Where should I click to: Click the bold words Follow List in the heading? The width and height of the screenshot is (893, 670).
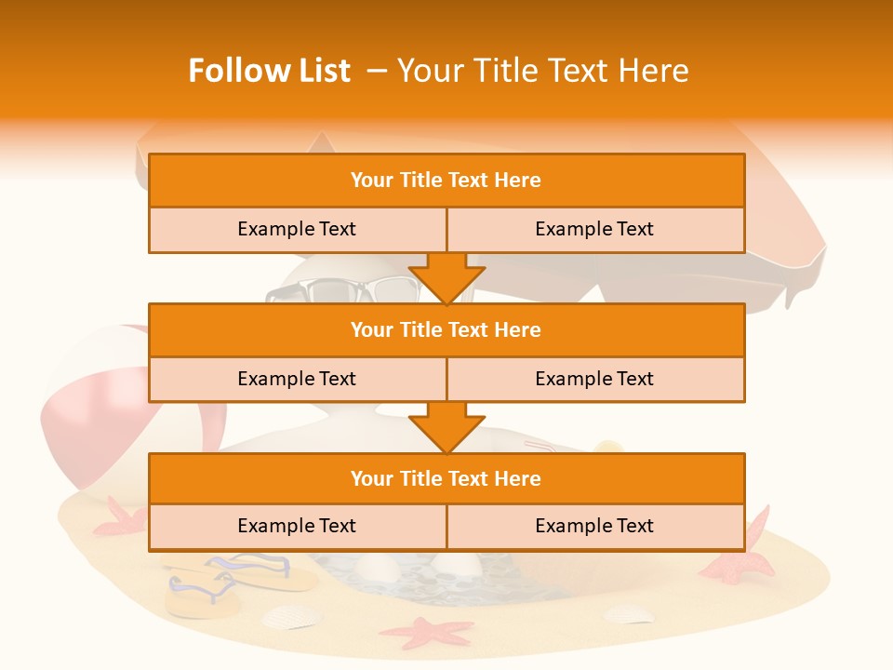pyautogui.click(x=269, y=71)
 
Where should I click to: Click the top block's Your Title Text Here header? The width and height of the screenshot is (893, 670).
pyautogui.click(x=446, y=181)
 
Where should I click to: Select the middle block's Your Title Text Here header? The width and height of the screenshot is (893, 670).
pyautogui.click(x=446, y=329)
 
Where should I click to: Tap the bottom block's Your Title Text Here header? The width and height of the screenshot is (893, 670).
pyautogui.click(x=446, y=478)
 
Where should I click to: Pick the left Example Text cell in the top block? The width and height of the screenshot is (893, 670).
pyautogui.click(x=297, y=229)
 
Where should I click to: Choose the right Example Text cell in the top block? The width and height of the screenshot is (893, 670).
pyautogui.click(x=594, y=229)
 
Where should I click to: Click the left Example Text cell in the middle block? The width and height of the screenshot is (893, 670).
pyautogui.click(x=297, y=379)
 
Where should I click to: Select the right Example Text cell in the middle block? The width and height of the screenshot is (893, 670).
pyautogui.click(x=594, y=379)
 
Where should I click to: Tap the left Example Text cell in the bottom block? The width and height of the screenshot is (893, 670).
pyautogui.click(x=297, y=526)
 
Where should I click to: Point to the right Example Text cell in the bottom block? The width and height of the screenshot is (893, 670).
pyautogui.click(x=594, y=526)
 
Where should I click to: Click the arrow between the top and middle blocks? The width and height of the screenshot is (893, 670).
pyautogui.click(x=446, y=278)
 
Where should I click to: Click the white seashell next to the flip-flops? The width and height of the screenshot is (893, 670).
pyautogui.click(x=290, y=616)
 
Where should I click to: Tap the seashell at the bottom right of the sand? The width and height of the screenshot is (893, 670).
pyautogui.click(x=629, y=613)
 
